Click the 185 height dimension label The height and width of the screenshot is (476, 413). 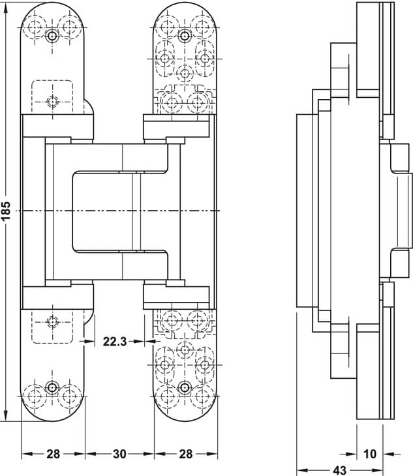click(6, 211)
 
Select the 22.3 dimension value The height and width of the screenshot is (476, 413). click(114, 342)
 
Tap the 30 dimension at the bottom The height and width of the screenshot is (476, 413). click(119, 454)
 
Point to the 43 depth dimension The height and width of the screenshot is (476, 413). click(339, 470)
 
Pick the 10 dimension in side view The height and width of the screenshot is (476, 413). click(369, 454)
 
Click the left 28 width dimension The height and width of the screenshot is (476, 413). click(53, 454)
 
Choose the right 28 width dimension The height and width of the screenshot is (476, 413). click(185, 454)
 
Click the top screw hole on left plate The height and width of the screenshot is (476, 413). click(52, 37)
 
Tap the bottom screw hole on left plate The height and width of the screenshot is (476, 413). click(52, 387)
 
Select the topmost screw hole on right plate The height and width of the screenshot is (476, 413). click(185, 37)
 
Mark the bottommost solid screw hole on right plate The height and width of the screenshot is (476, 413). click(185, 387)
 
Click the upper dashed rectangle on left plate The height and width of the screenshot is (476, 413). click(52, 97)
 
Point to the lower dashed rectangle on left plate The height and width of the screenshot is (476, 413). click(52, 327)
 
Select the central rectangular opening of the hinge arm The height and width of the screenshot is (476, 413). click(102, 211)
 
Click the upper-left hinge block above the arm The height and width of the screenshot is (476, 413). click(57, 126)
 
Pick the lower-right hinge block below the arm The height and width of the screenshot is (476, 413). click(176, 295)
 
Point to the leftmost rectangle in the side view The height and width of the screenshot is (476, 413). click(305, 211)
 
